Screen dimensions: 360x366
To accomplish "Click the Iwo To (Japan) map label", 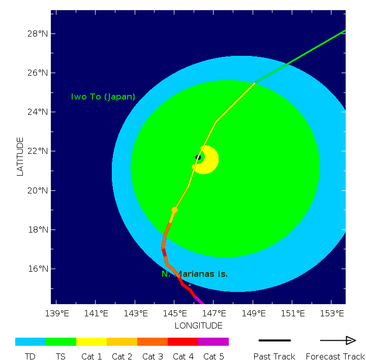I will click(103, 96).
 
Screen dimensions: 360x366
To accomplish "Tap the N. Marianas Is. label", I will click(195, 274).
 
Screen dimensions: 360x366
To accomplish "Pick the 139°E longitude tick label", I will click(57, 313).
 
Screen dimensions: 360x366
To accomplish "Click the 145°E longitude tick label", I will click(174, 313).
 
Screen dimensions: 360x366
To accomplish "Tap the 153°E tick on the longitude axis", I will click(331, 313).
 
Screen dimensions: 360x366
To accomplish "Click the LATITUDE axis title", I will click(20, 156).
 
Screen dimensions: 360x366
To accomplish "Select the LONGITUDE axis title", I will click(198, 325).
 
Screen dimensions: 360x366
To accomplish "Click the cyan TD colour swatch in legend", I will click(30, 342).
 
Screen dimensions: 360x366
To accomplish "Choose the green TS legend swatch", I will click(61, 342).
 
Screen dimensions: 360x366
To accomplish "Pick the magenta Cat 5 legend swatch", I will click(213, 342).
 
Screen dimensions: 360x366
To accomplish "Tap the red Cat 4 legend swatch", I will click(183, 342).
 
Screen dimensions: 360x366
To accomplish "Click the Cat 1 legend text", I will click(91, 356).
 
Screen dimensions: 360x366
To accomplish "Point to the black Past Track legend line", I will click(274, 340).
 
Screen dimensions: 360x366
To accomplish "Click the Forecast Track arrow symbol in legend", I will click(338, 340).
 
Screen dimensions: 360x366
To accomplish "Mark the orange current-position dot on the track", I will click(174, 210).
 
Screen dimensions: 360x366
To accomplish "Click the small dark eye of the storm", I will click(198, 157).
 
